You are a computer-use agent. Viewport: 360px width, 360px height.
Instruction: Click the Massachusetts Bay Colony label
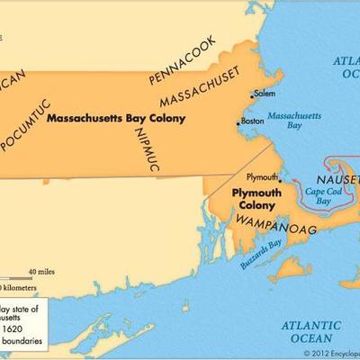pos(110,117)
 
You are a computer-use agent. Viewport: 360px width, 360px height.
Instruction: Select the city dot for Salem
pos(250,94)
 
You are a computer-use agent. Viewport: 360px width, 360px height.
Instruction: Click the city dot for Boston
pos(238,122)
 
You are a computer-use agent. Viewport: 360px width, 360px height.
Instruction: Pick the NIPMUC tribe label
pos(149,148)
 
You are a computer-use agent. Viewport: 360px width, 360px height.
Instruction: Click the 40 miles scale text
pos(43,271)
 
